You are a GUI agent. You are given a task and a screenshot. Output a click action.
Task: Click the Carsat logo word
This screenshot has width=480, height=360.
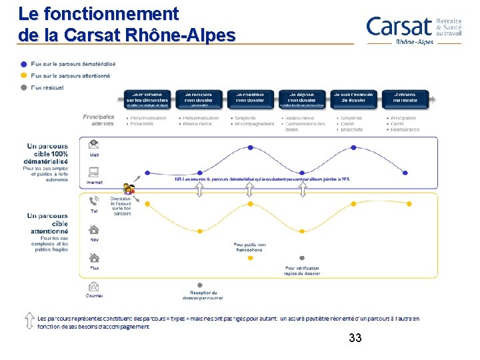(x=399, y=27)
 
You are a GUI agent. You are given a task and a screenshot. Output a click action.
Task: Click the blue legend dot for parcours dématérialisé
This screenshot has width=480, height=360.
(x=24, y=64)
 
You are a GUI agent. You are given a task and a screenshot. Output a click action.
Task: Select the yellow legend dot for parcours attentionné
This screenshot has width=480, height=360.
(x=24, y=75)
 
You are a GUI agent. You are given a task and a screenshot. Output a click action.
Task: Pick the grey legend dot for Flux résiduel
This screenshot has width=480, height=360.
(x=24, y=87)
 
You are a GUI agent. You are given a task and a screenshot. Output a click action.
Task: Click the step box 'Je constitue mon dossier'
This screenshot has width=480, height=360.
(x=250, y=99)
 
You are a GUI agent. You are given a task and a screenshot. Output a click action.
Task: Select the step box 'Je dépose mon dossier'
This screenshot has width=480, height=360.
(x=302, y=99)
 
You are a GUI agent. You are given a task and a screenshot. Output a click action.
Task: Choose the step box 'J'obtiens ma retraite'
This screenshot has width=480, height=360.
(x=405, y=99)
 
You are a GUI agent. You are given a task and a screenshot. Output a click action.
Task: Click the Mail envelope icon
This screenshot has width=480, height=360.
(x=94, y=144)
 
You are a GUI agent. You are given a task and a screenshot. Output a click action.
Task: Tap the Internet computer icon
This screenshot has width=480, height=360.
(x=94, y=171)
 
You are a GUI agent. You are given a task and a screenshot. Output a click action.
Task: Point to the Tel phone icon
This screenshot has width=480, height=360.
(x=94, y=201)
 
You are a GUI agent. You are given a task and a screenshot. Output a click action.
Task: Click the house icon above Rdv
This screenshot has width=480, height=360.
(x=94, y=229)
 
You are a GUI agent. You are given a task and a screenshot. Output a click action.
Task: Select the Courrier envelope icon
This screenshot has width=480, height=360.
(x=94, y=286)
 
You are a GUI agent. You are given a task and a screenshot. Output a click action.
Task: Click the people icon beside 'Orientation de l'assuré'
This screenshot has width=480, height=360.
(x=128, y=190)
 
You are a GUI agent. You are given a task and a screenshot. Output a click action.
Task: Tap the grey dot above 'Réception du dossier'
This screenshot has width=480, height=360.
(x=200, y=285)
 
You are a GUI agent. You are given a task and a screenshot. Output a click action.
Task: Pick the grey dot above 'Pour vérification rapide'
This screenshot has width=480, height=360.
(x=302, y=258)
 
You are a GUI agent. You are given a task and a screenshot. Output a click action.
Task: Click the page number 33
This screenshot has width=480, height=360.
(x=355, y=339)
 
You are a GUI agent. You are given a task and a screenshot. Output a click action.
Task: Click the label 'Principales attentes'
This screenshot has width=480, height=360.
(x=99, y=120)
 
